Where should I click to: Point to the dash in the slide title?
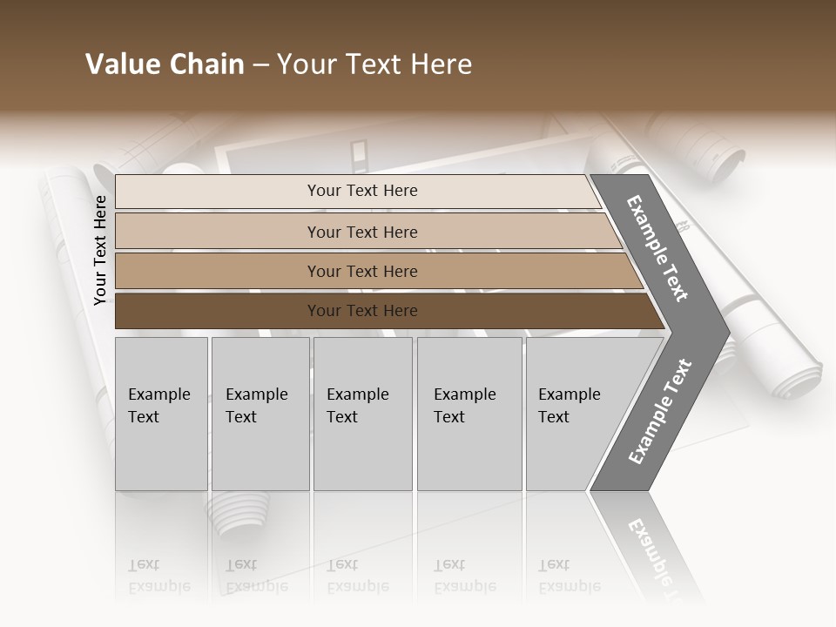[x=260, y=65]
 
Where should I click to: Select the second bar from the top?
[x=361, y=232]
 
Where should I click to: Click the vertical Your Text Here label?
[x=100, y=250]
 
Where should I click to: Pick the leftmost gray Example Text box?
[x=161, y=414]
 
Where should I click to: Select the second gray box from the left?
[x=260, y=414]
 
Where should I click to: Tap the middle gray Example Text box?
[x=362, y=414]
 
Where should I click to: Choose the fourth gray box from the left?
[x=469, y=414]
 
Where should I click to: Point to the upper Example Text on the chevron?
[x=657, y=248]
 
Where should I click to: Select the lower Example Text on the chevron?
[x=659, y=412]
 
